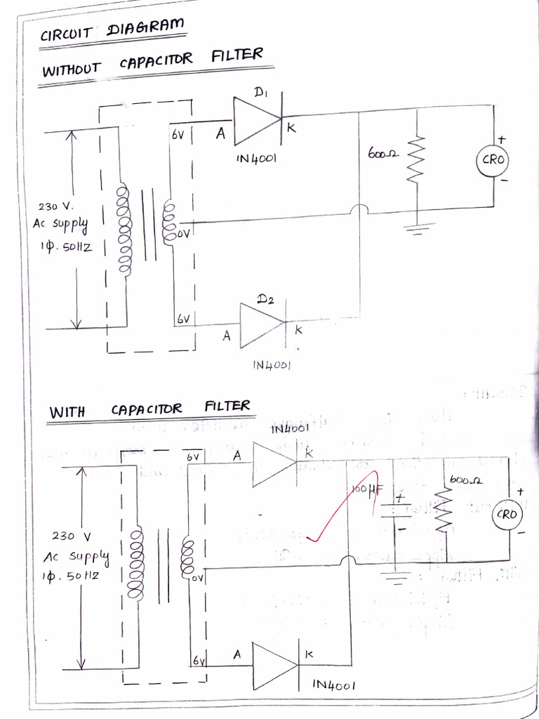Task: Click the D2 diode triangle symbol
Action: [x=262, y=324]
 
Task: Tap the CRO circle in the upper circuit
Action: [x=493, y=160]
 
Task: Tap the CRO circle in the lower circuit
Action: [x=507, y=515]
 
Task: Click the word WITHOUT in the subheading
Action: [x=72, y=70]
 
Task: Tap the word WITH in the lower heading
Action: [x=67, y=411]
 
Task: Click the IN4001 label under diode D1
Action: [x=256, y=159]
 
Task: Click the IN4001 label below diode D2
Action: [x=271, y=366]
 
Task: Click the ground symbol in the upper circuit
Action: [x=417, y=228]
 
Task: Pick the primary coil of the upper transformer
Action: [x=124, y=230]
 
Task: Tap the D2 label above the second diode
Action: [x=265, y=300]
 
